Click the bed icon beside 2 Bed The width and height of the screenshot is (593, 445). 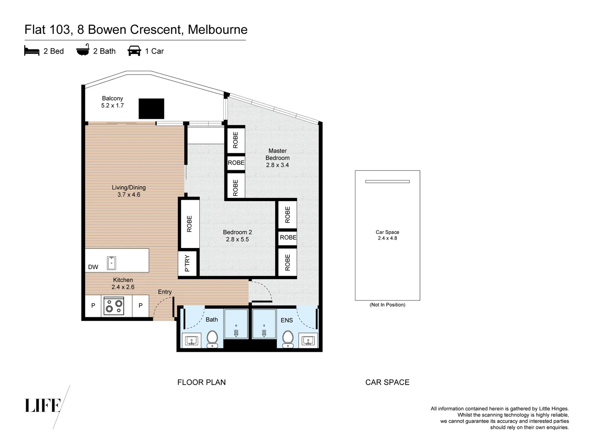(x=32, y=51)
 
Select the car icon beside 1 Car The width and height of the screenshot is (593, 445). (x=134, y=51)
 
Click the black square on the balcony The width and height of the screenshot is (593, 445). (x=151, y=109)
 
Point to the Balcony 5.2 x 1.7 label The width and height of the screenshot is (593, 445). (x=112, y=102)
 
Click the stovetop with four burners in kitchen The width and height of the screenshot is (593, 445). (x=114, y=306)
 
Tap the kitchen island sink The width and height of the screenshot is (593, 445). (x=111, y=263)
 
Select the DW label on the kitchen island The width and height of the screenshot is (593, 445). (x=93, y=267)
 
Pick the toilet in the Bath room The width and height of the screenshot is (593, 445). (x=212, y=339)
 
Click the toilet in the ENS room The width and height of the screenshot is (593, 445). (x=287, y=339)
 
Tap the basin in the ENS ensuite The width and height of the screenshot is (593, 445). (x=308, y=340)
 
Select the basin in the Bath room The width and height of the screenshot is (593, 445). (x=191, y=340)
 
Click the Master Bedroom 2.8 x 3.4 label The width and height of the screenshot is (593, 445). (x=277, y=158)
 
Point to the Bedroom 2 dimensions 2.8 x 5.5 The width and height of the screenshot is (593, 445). (x=237, y=239)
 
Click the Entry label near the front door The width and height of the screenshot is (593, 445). (x=165, y=292)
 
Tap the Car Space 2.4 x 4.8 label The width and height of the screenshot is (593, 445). (x=387, y=235)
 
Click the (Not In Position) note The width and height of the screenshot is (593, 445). (x=387, y=305)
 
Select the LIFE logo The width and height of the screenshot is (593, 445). (x=43, y=405)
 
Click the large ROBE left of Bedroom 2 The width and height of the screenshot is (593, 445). (x=189, y=224)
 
